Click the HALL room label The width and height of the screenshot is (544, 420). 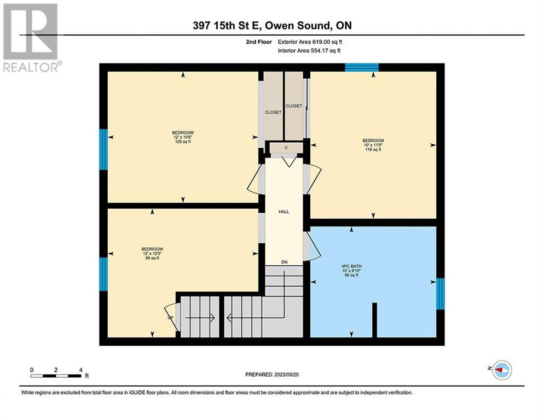(284, 212)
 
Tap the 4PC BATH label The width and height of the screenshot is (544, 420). (351, 266)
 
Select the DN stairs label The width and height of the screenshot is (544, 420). (284, 262)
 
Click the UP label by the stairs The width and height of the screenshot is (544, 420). (170, 318)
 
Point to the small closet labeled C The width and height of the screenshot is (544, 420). (286, 148)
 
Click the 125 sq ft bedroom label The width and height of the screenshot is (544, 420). (183, 137)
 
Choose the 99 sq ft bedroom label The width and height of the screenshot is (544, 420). (152, 254)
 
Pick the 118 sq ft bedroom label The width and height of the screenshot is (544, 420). (373, 145)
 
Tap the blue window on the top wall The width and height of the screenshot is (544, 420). (362, 67)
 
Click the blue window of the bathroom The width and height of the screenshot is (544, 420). (440, 294)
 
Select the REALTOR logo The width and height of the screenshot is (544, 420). (31, 38)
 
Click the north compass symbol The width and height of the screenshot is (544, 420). (502, 370)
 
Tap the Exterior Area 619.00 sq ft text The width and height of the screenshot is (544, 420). (310, 42)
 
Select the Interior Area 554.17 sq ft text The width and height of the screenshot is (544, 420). (309, 51)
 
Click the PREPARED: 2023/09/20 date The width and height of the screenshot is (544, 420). (272, 375)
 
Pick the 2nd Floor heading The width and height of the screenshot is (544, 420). (259, 42)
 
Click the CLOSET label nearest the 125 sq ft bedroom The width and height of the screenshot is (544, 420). (273, 112)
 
